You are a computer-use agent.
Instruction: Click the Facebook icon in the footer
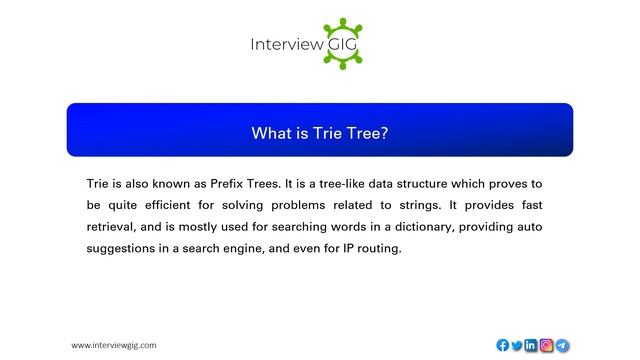pyautogui.click(x=502, y=345)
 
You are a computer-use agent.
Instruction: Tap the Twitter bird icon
pyautogui.click(x=517, y=345)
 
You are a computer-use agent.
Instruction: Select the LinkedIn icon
pyautogui.click(x=531, y=345)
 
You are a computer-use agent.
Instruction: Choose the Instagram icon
pyautogui.click(x=547, y=345)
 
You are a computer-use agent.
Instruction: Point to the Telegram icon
pyautogui.click(x=563, y=345)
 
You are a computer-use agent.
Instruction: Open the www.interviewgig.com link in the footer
pyautogui.click(x=113, y=345)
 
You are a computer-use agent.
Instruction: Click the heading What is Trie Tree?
pyautogui.click(x=319, y=132)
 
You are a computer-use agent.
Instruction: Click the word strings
pyautogui.click(x=413, y=206)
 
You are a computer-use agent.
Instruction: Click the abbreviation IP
pyautogui.click(x=348, y=248)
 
